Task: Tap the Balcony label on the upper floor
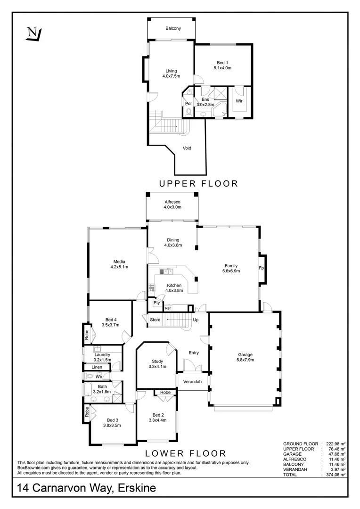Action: (x=173, y=29)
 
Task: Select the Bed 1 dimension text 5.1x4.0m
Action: (x=222, y=68)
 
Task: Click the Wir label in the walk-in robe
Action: (x=239, y=101)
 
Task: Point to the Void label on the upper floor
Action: (x=187, y=148)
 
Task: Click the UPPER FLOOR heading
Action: (x=198, y=184)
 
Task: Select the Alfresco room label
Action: (x=172, y=201)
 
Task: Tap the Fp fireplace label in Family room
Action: (x=261, y=269)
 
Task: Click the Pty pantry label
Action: (x=156, y=303)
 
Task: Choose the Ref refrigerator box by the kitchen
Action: (x=167, y=308)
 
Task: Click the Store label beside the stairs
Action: (x=155, y=320)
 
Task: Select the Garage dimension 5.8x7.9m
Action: (x=245, y=360)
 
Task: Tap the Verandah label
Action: (x=192, y=381)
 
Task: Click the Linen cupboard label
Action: (x=97, y=367)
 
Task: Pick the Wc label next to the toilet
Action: (x=99, y=377)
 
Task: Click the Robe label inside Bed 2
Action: (x=165, y=393)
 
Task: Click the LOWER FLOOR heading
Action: (x=185, y=453)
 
